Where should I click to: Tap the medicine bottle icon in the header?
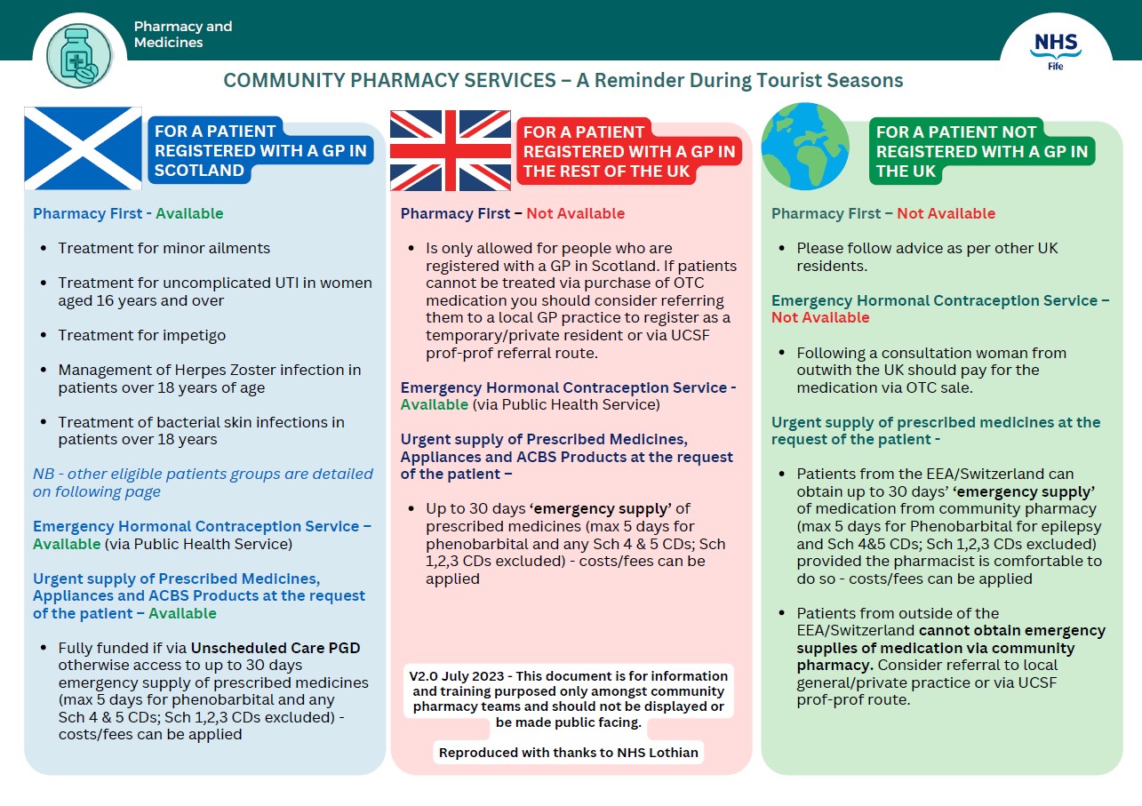tap(79, 55)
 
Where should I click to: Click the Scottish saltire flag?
tap(83, 148)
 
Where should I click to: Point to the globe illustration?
tap(805, 147)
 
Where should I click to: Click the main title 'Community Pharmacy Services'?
tap(563, 81)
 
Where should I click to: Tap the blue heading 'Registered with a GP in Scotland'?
tap(260, 150)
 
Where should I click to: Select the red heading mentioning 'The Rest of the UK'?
tap(628, 152)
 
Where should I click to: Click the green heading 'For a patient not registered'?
tap(981, 151)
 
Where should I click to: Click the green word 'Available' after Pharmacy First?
tap(189, 213)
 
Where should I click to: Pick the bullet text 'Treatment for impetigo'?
tap(142, 335)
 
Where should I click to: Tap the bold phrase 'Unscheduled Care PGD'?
tap(276, 648)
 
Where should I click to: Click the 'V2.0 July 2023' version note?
tap(569, 699)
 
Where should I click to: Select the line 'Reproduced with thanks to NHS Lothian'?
tap(569, 753)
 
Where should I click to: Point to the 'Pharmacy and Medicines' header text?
tap(183, 35)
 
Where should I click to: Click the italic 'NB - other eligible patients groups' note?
tap(203, 483)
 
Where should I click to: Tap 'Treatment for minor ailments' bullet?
tap(164, 248)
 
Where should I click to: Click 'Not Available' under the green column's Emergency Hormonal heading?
tap(820, 317)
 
